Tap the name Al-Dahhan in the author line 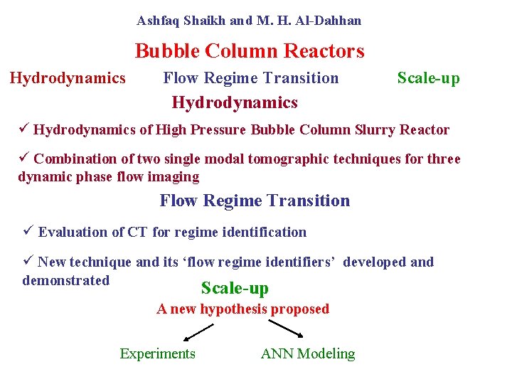tap(331, 21)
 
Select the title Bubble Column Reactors tap(250, 51)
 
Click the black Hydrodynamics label tap(68, 78)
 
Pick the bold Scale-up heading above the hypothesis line tap(235, 288)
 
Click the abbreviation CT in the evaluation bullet tap(138, 232)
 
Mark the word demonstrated tap(66, 280)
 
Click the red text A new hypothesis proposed tap(243, 309)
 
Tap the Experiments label tap(157, 353)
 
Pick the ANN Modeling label tap(308, 353)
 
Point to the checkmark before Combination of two tap(24, 158)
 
